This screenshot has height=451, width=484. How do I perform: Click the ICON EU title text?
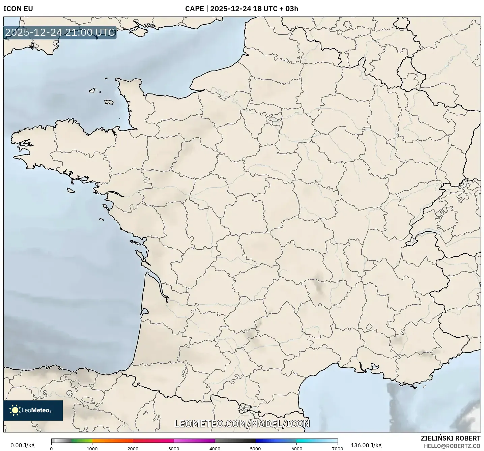coord(18,9)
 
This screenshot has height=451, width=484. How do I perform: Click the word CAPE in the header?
coord(194,9)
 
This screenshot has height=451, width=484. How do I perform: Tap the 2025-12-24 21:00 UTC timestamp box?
coord(60,32)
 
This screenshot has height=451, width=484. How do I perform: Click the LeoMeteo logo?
coord(33,410)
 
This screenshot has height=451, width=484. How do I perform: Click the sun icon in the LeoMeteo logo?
coord(15,410)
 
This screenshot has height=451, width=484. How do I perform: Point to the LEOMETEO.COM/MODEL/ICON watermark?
coord(242,424)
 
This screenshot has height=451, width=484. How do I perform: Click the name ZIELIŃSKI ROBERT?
coord(451,438)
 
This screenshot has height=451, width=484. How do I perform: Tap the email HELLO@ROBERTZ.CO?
coord(452,446)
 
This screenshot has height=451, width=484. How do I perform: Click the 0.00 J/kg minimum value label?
coord(22,445)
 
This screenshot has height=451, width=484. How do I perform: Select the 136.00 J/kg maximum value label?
coord(366,445)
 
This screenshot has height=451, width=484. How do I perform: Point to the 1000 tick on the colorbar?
coord(92,448)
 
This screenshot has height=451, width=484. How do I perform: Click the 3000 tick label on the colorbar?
coord(174,448)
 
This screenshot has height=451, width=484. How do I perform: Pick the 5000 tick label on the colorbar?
coord(255,448)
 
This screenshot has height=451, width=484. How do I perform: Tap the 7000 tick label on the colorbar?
coord(337,448)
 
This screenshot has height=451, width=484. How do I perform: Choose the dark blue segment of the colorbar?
coord(266,441)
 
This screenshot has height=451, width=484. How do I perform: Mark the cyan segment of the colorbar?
coord(307,441)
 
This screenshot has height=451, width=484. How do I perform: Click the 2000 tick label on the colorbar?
coord(133,448)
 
